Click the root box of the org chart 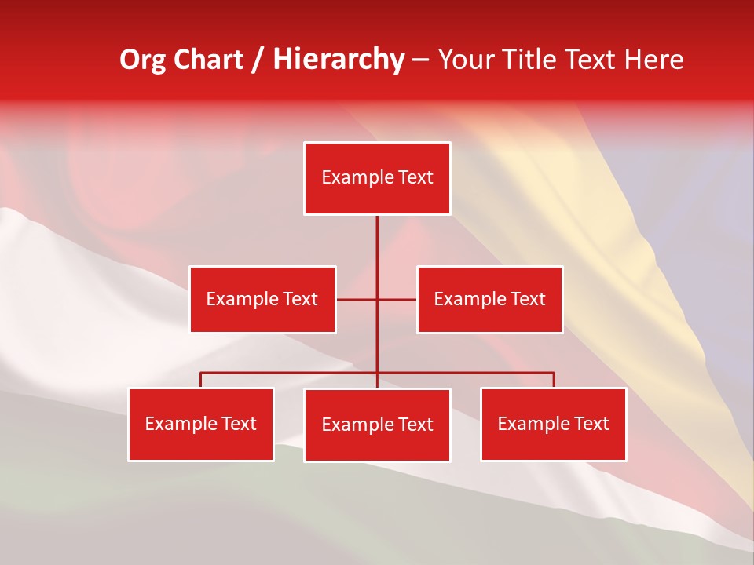coord(377,178)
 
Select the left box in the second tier coord(262,299)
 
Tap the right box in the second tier coord(489,299)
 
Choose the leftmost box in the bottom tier coord(201,424)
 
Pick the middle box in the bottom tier coord(377,425)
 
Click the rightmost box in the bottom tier coord(553,424)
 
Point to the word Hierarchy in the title coord(339,60)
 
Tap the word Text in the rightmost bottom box coord(592,424)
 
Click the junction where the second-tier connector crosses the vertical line coord(377,299)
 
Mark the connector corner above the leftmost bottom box coord(201,373)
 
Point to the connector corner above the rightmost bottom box coord(553,373)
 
